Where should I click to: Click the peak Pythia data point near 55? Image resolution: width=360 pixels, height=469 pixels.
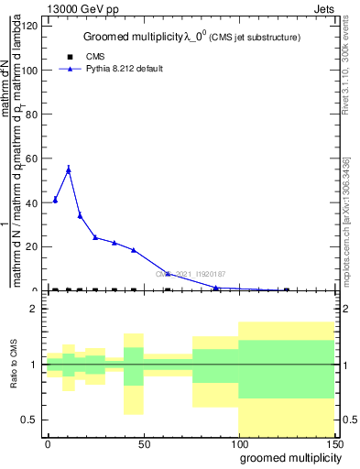[x=69, y=169]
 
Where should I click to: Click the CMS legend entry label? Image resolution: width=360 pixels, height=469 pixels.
[x=82, y=57]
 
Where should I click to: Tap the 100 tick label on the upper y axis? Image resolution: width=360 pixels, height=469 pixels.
[x=30, y=70]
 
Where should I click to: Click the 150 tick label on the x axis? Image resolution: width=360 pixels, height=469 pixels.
[x=334, y=443]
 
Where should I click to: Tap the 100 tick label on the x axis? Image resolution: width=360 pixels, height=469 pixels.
[x=239, y=443]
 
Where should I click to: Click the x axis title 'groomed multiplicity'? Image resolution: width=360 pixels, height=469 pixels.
[x=287, y=457]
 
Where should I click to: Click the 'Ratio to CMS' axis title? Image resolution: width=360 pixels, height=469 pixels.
[x=14, y=365]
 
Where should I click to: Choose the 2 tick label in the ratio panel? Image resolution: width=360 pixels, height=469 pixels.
[x=35, y=309]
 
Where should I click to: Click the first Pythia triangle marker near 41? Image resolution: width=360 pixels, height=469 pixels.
[x=55, y=200]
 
